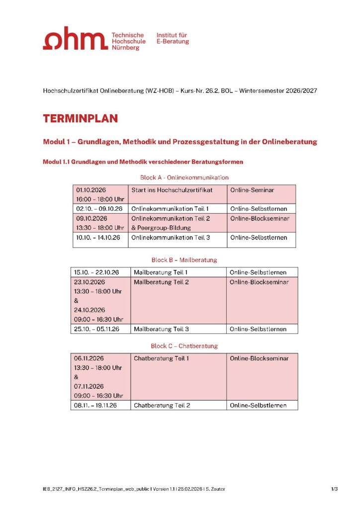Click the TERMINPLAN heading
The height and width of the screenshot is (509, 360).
click(80, 118)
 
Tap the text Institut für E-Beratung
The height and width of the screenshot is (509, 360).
click(173, 38)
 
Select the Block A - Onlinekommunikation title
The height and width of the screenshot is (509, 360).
click(184, 177)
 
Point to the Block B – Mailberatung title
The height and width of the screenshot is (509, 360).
click(184, 259)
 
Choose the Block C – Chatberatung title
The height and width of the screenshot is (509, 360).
click(184, 345)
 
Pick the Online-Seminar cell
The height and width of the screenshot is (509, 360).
click(252, 190)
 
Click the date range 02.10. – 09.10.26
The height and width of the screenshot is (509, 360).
click(99, 209)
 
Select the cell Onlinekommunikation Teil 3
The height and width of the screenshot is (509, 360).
click(171, 238)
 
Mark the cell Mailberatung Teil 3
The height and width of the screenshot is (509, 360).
click(162, 329)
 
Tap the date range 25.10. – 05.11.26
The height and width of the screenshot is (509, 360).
click(96, 329)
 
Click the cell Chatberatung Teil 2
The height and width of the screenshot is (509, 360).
click(162, 405)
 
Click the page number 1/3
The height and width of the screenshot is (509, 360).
click(334, 490)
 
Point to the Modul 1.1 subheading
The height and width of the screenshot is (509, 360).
click(143, 162)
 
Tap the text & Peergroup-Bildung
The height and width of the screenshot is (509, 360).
click(161, 228)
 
